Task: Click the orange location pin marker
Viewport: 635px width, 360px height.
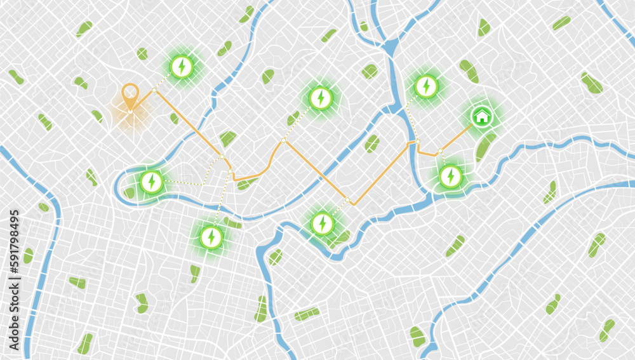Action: click(130, 96)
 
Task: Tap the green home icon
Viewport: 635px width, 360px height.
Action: click(482, 116)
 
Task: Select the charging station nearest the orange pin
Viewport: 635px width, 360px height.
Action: click(182, 66)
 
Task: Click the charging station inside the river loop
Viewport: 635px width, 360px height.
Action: click(151, 182)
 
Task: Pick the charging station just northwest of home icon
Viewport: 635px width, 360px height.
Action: click(426, 86)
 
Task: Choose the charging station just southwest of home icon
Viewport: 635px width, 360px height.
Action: click(450, 176)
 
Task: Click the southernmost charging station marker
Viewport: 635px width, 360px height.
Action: click(211, 237)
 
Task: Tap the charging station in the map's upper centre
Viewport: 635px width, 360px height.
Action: click(321, 98)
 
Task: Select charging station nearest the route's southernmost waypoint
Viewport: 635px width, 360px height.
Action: click(322, 223)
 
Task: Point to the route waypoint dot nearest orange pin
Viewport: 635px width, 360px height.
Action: click(154, 91)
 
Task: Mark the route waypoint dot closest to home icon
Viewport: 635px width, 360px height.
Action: click(439, 150)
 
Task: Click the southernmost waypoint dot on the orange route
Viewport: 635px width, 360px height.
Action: click(348, 200)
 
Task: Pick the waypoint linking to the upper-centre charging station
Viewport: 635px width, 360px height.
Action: click(283, 140)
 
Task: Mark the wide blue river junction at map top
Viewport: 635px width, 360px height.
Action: click(391, 48)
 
